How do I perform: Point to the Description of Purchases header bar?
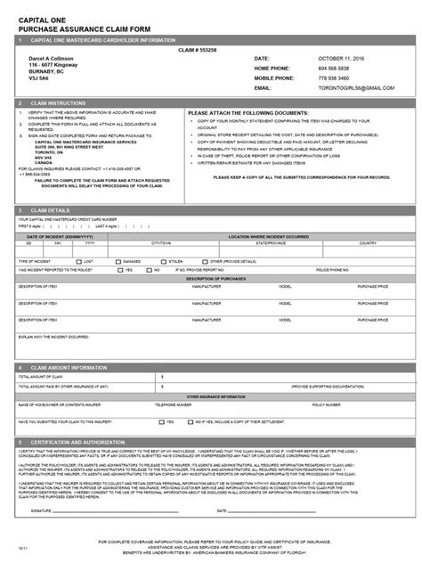210,278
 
